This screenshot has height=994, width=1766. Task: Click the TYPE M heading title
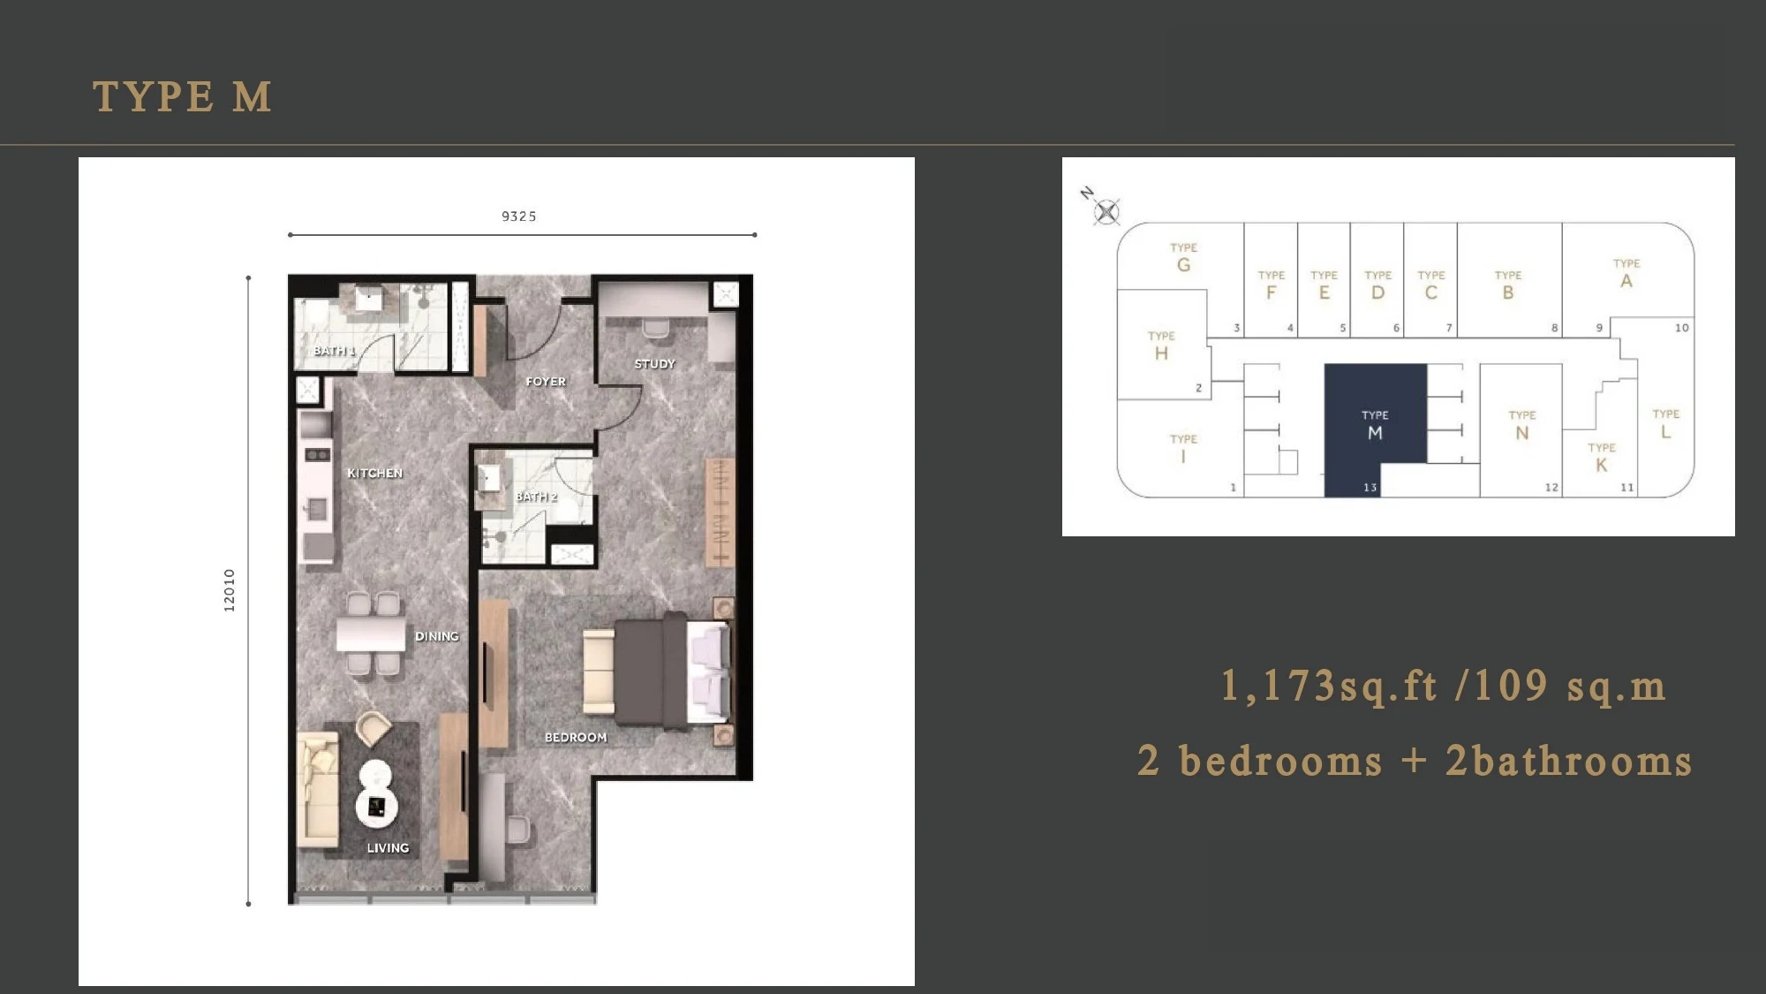(x=182, y=96)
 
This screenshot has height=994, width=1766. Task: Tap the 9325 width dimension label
(x=519, y=216)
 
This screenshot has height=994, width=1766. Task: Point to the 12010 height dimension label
(x=230, y=590)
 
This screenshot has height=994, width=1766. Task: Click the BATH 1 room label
(x=335, y=351)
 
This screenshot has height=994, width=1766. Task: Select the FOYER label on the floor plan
(x=546, y=382)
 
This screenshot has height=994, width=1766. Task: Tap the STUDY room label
(x=654, y=364)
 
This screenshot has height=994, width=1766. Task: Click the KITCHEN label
(x=374, y=474)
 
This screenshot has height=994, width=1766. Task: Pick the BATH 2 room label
(x=537, y=497)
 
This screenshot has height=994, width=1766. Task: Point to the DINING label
(x=437, y=636)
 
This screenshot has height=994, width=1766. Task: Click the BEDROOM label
(x=576, y=738)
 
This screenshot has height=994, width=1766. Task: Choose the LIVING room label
(x=389, y=848)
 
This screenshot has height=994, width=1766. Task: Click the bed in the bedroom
(x=657, y=672)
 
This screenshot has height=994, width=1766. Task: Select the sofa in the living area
(x=318, y=789)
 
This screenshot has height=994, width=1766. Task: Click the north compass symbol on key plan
(x=1106, y=211)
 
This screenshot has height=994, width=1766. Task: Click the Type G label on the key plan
(x=1184, y=258)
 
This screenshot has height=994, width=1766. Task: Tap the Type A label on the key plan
(x=1626, y=274)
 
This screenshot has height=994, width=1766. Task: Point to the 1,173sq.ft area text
(x=1330, y=687)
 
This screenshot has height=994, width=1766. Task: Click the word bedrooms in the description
(x=1281, y=762)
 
